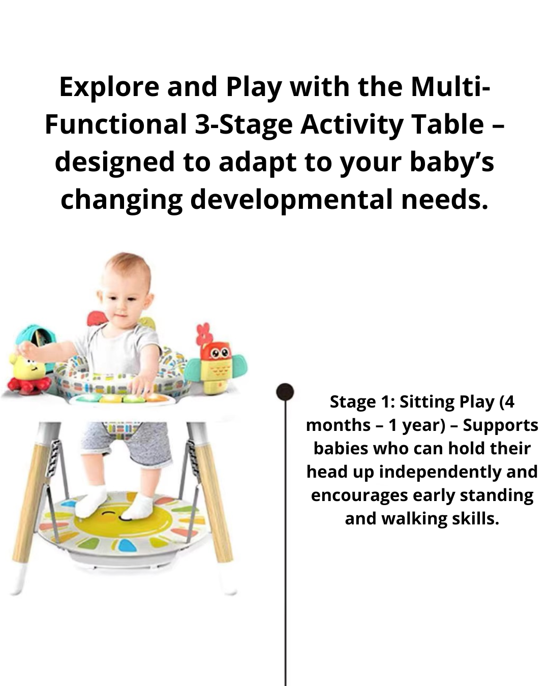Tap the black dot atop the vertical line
point(285,392)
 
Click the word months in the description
point(338,425)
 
